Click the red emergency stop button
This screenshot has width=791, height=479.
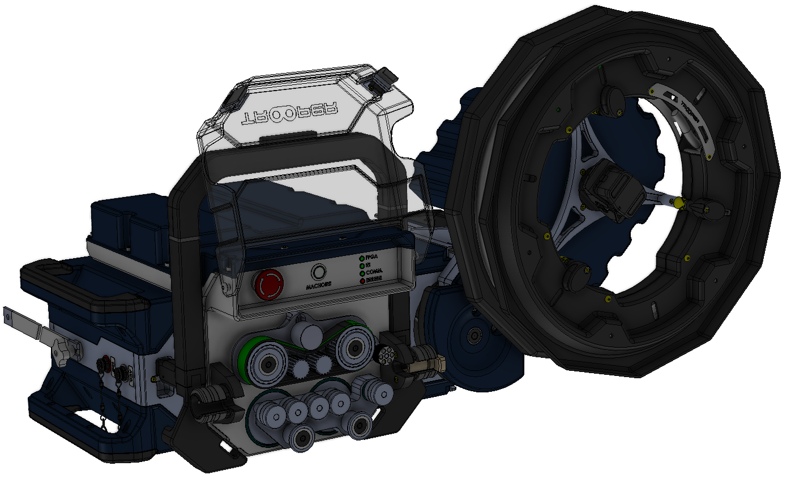coord(269,284)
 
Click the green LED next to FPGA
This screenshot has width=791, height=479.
coord(361,258)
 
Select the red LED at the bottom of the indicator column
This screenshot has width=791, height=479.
coord(361,280)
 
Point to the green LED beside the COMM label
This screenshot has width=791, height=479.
coord(361,273)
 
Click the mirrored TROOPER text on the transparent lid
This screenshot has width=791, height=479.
coord(289,113)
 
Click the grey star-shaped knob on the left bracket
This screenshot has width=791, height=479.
coord(59,353)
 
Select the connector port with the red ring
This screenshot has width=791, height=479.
coord(105,364)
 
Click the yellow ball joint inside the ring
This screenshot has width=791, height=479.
coord(679,203)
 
